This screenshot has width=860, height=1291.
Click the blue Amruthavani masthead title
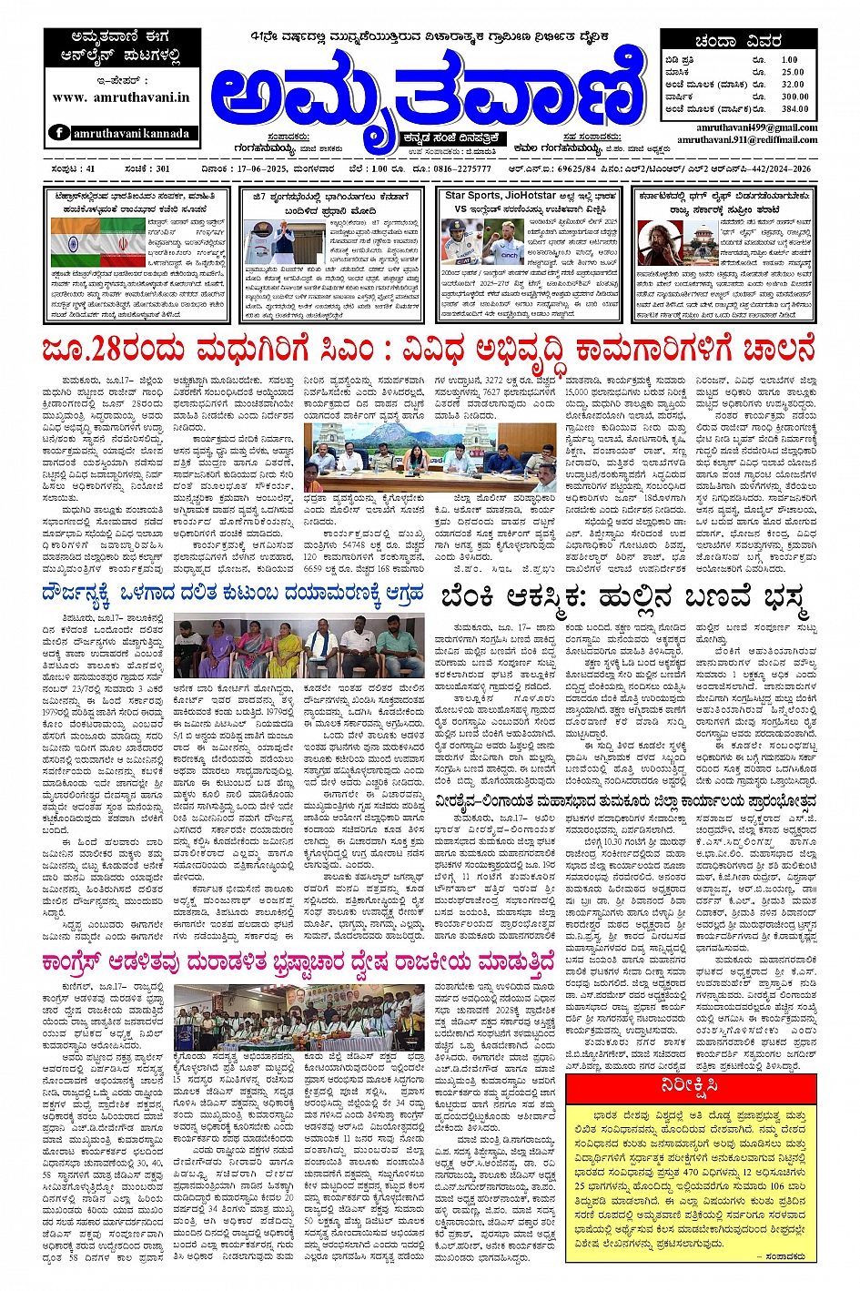428,91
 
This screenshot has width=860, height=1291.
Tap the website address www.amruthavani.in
121,97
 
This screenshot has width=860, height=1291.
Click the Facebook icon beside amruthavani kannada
58,133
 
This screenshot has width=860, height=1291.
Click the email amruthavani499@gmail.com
756,128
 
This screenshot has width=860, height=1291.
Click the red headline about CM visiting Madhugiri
428,348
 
